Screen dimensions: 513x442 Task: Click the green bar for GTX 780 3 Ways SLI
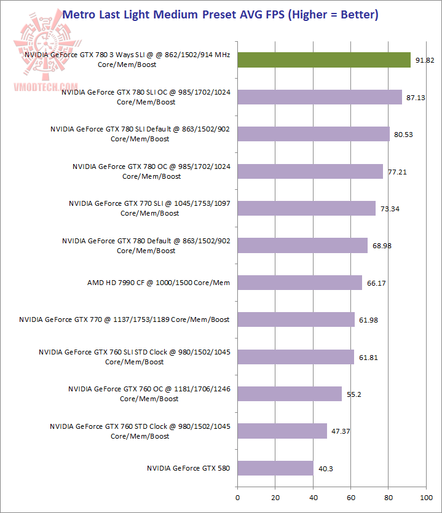pyautogui.click(x=324, y=60)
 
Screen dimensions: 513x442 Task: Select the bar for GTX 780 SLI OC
pyautogui.click(x=320, y=97)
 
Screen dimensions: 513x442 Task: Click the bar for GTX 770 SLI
pyautogui.click(x=306, y=208)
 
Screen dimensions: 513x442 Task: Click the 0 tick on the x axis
pyautogui.click(x=237, y=497)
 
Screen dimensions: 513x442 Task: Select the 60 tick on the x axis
pyautogui.click(x=351, y=497)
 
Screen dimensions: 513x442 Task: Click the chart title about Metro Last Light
pyautogui.click(x=221, y=14)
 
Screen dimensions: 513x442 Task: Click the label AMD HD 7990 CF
pyautogui.click(x=159, y=283)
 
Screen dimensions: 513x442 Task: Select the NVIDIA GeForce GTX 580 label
pyautogui.click(x=188, y=468)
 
